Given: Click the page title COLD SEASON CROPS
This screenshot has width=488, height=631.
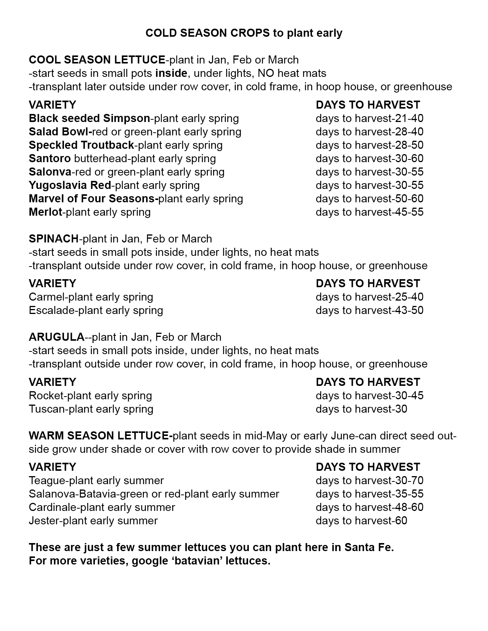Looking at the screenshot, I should (x=207, y=33).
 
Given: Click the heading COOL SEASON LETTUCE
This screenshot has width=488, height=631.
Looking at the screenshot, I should (x=97, y=60).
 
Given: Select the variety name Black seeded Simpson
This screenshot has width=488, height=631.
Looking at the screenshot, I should (x=89, y=119).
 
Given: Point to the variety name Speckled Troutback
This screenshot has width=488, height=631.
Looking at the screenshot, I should (x=81, y=145).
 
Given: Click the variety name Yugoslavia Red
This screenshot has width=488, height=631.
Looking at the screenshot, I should (x=70, y=185).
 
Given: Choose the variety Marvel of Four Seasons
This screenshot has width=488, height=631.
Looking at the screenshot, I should (x=93, y=199).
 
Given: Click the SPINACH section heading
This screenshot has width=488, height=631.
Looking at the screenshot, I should (x=54, y=239).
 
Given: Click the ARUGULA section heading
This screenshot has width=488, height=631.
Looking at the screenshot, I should (x=56, y=337).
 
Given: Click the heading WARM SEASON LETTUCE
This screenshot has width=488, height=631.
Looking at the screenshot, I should (x=100, y=436).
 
